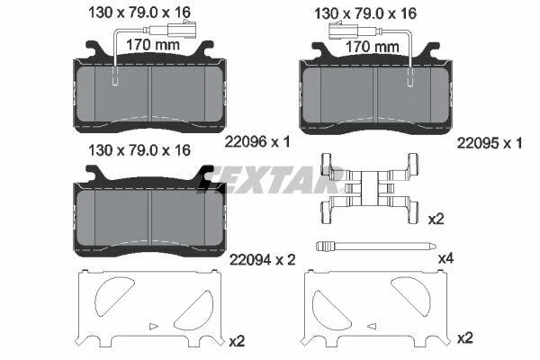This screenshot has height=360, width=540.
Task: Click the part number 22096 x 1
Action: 257,141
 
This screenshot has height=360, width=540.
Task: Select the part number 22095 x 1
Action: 490,143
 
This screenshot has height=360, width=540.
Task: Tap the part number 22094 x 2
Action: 263,260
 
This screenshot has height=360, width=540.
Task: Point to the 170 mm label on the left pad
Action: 153,45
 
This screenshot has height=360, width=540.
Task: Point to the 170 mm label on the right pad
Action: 373,47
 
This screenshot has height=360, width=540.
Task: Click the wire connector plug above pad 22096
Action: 182,29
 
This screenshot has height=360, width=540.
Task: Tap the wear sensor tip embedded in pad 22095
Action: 410,77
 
